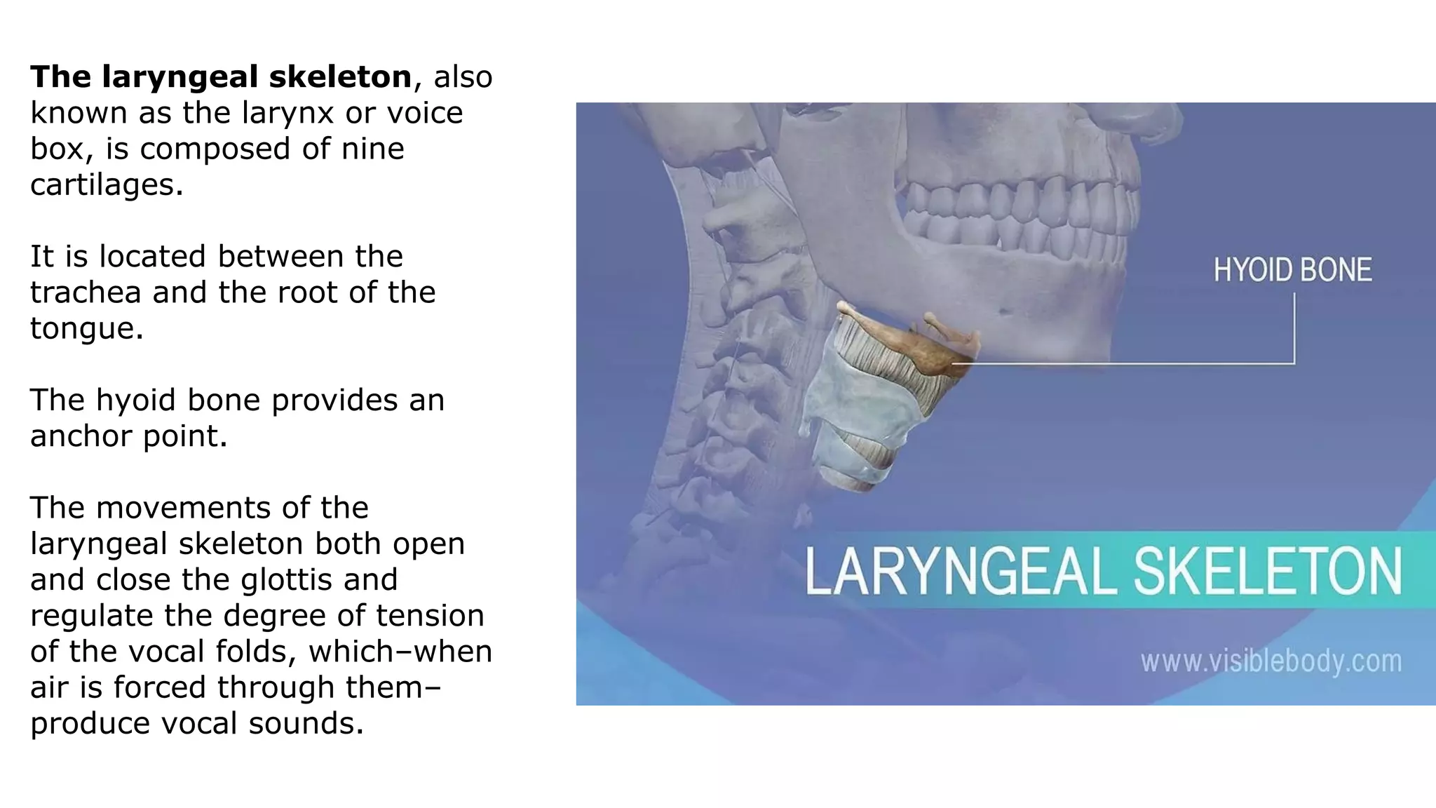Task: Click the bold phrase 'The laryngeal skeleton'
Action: click(x=220, y=77)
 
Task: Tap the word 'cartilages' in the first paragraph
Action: click(x=105, y=185)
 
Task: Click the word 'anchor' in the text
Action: click(x=81, y=436)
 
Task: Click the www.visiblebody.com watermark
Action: click(x=1271, y=661)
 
